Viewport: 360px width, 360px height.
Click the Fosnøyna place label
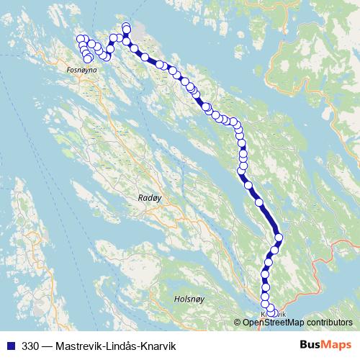[81, 70]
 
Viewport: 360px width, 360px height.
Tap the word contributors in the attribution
[330, 322]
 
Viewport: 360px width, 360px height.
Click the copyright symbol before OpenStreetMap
[238, 322]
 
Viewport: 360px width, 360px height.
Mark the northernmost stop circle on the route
[127, 27]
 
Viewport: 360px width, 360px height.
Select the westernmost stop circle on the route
[80, 40]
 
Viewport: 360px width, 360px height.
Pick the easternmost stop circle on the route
[279, 238]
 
